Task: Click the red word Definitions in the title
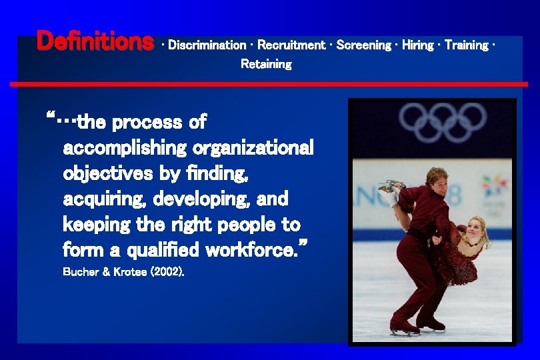click(95, 41)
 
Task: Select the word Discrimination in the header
click(207, 45)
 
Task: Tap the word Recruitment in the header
click(291, 45)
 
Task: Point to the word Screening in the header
click(364, 45)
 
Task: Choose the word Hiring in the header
click(418, 45)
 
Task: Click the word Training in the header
click(466, 45)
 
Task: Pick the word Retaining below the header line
click(266, 64)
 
